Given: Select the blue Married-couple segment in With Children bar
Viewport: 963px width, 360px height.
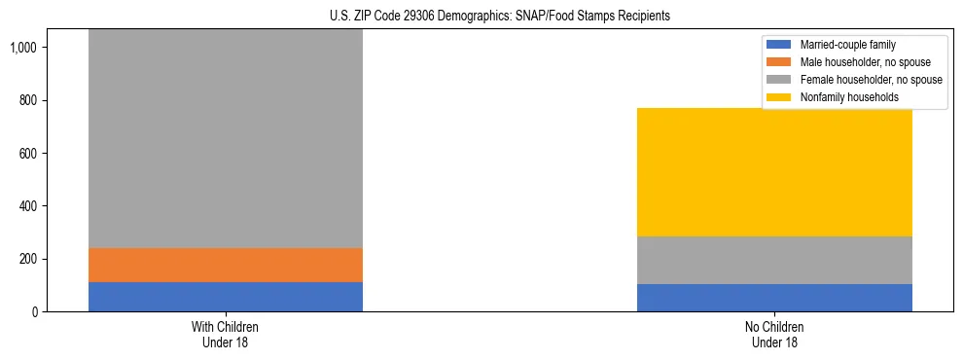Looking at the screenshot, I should pos(225,297).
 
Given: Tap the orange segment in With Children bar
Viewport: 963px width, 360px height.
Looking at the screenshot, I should pos(225,265).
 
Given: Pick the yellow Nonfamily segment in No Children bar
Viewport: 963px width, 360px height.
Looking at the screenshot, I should pos(774,172).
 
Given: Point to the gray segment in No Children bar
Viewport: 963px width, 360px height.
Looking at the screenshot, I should pos(774,260).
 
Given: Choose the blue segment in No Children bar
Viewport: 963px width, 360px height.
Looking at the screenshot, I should pos(774,298).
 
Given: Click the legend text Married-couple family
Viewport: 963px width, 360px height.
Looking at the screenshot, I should pos(847,45).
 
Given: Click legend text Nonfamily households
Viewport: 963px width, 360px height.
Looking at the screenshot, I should pos(847,97).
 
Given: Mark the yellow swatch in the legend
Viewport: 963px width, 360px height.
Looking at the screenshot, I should pos(779,97).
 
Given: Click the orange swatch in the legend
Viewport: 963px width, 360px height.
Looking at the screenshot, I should pos(779,62).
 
